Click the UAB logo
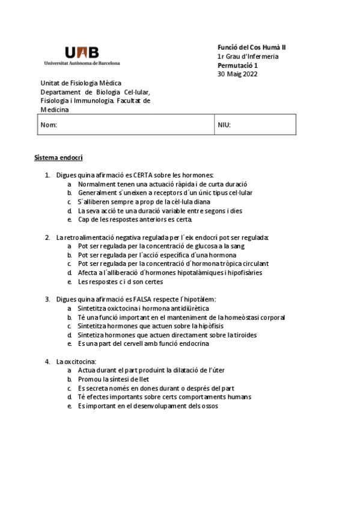coord(82,54)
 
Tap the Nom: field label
coord(49,125)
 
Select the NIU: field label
coord(224,125)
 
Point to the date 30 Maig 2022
coord(237,75)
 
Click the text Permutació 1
coord(237,66)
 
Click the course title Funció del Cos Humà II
coord(252,48)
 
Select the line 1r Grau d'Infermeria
coord(248,57)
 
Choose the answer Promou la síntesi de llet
coord(114,379)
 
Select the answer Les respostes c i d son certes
coord(120,281)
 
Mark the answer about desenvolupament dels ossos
coord(148,406)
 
